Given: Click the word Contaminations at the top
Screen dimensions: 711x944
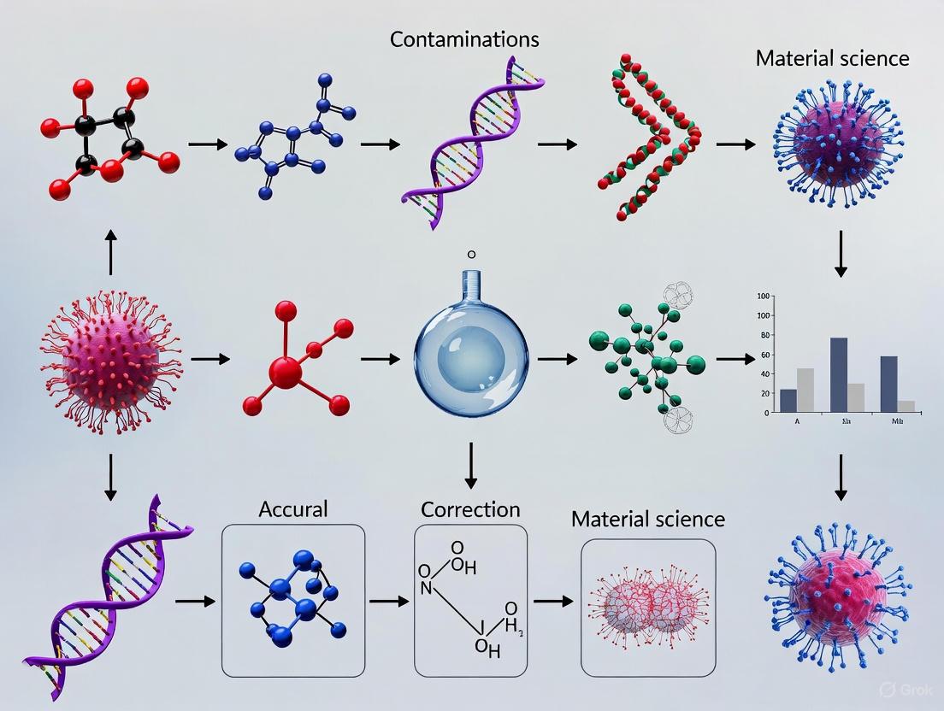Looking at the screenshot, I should point(464,39).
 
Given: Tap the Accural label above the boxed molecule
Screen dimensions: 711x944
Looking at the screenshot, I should point(292,509).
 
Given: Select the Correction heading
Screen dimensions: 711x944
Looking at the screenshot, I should point(470,509).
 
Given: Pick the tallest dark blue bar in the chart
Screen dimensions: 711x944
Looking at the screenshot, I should point(839,375).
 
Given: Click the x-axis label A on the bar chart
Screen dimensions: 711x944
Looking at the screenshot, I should point(796,421).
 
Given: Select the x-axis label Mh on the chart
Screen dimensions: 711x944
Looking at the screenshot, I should point(898,421).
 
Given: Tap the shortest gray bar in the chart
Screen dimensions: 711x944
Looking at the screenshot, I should point(906,406).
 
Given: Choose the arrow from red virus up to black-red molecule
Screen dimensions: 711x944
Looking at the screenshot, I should point(110,251).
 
